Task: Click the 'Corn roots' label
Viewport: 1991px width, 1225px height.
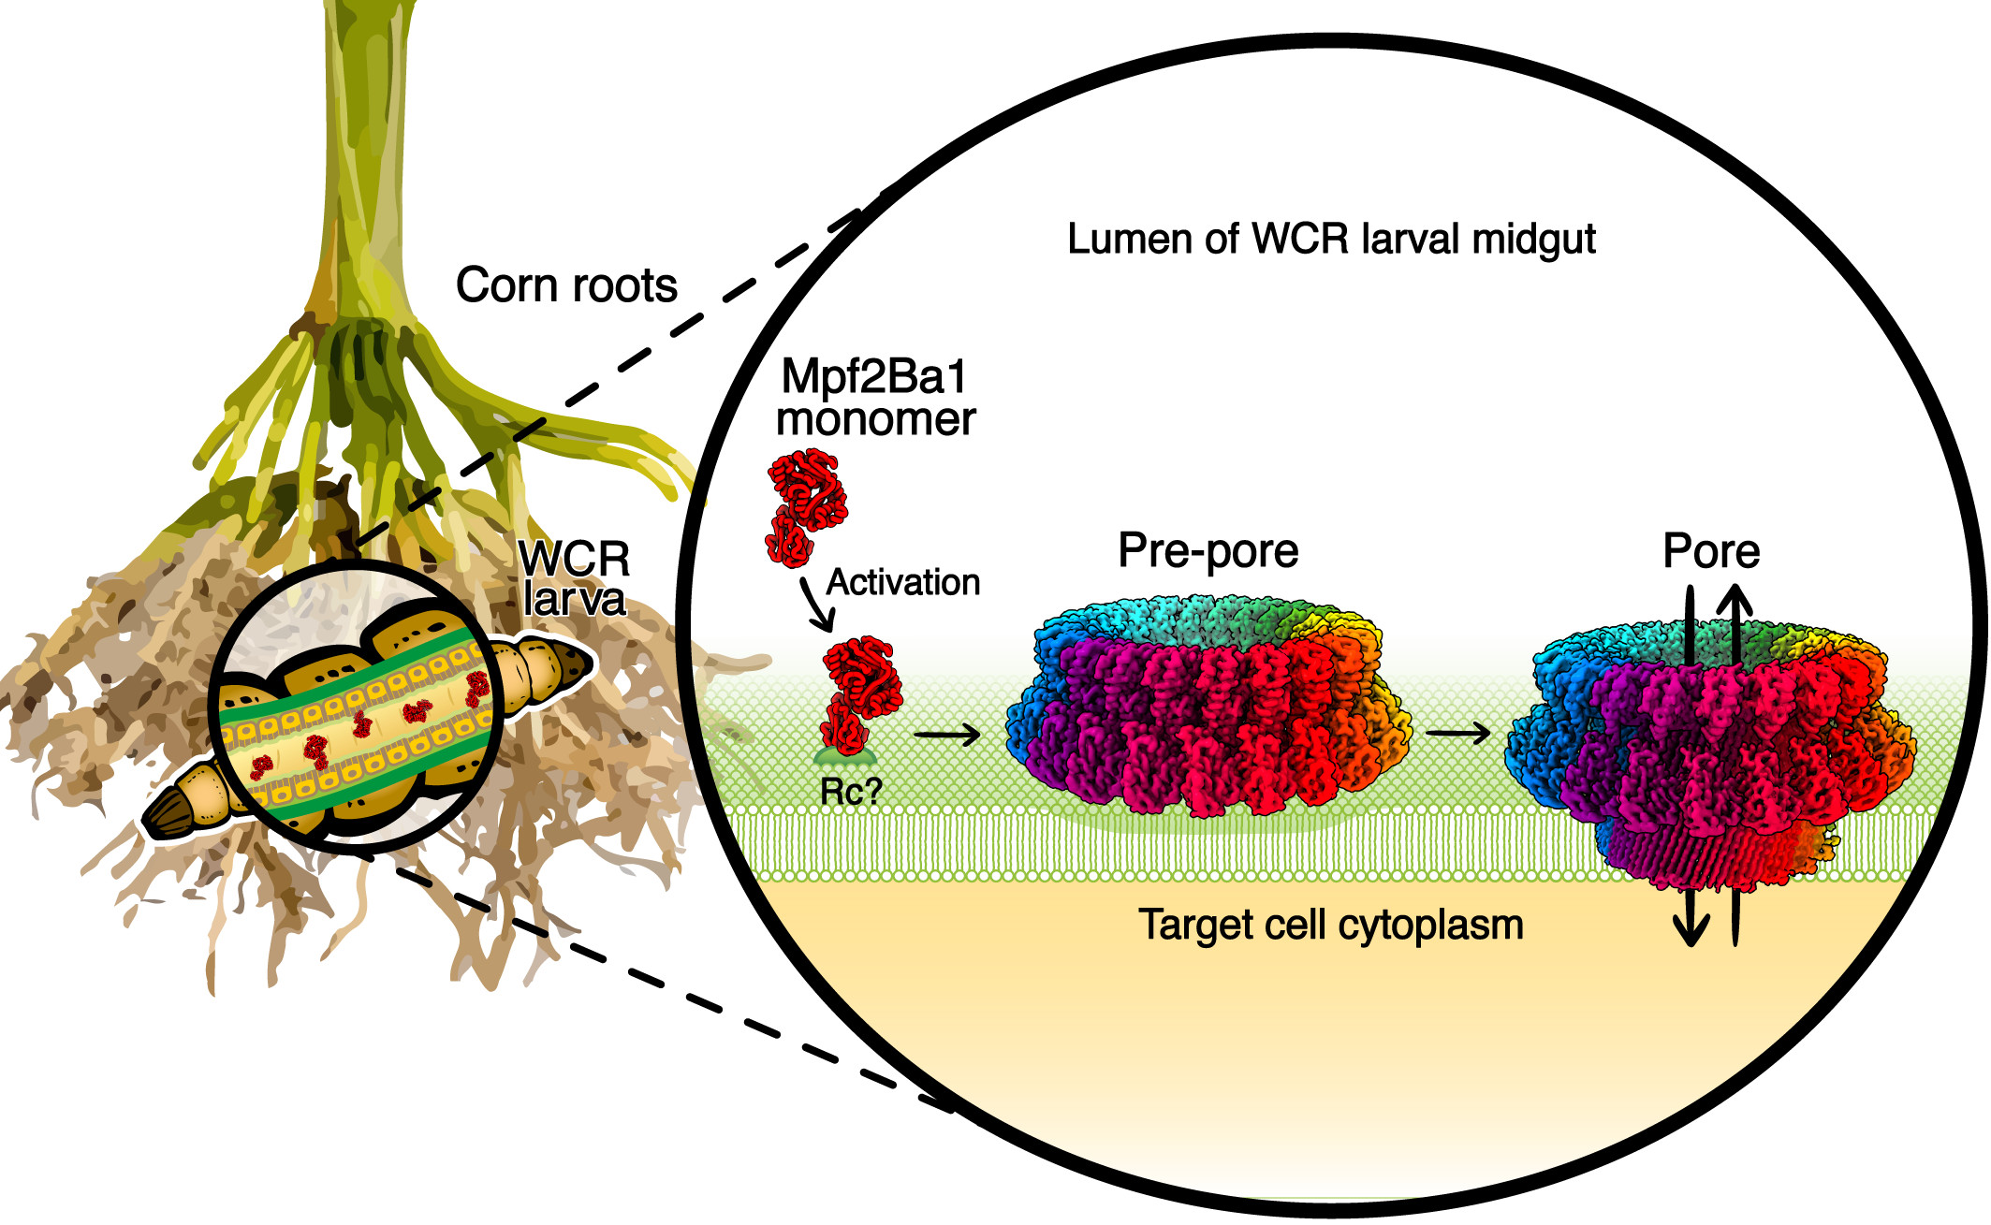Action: [x=566, y=285]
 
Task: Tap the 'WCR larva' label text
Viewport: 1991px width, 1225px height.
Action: [x=574, y=578]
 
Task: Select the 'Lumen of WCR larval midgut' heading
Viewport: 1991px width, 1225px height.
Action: [x=1331, y=240]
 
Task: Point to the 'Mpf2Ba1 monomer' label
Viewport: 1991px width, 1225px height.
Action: [x=875, y=398]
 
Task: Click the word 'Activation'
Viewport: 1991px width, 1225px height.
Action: [x=903, y=582]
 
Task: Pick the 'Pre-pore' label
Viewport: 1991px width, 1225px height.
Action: [x=1208, y=551]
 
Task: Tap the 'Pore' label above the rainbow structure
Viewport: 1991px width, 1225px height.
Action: [x=1711, y=551]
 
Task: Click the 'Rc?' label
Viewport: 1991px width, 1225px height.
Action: [x=851, y=792]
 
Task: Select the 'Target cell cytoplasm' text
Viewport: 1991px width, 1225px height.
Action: [x=1331, y=925]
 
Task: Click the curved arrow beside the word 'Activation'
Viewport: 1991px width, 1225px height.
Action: [x=816, y=605]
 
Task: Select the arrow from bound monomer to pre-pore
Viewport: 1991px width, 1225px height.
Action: [x=947, y=735]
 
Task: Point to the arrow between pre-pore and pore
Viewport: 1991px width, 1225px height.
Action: [x=1458, y=733]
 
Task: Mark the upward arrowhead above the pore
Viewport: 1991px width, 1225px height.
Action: [x=1735, y=599]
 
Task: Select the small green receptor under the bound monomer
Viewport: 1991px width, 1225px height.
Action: [x=845, y=756]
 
